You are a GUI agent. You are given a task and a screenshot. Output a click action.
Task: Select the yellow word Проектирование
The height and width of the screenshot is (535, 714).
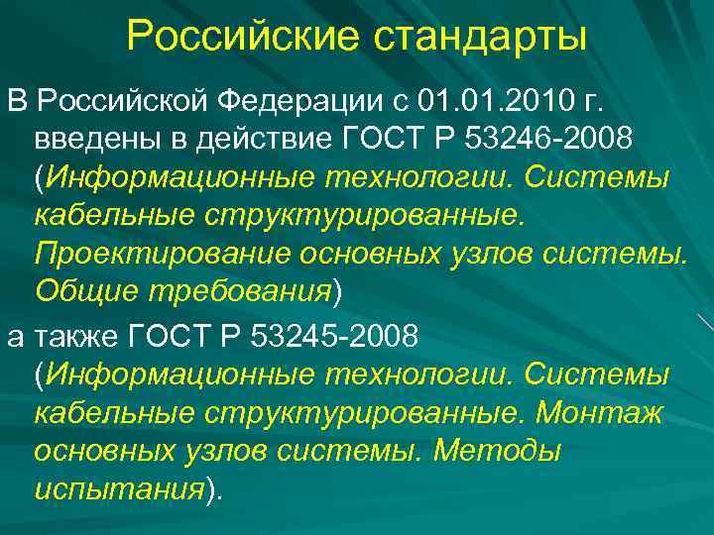point(158,252)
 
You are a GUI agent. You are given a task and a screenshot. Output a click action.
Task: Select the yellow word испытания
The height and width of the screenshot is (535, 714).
point(118,488)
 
